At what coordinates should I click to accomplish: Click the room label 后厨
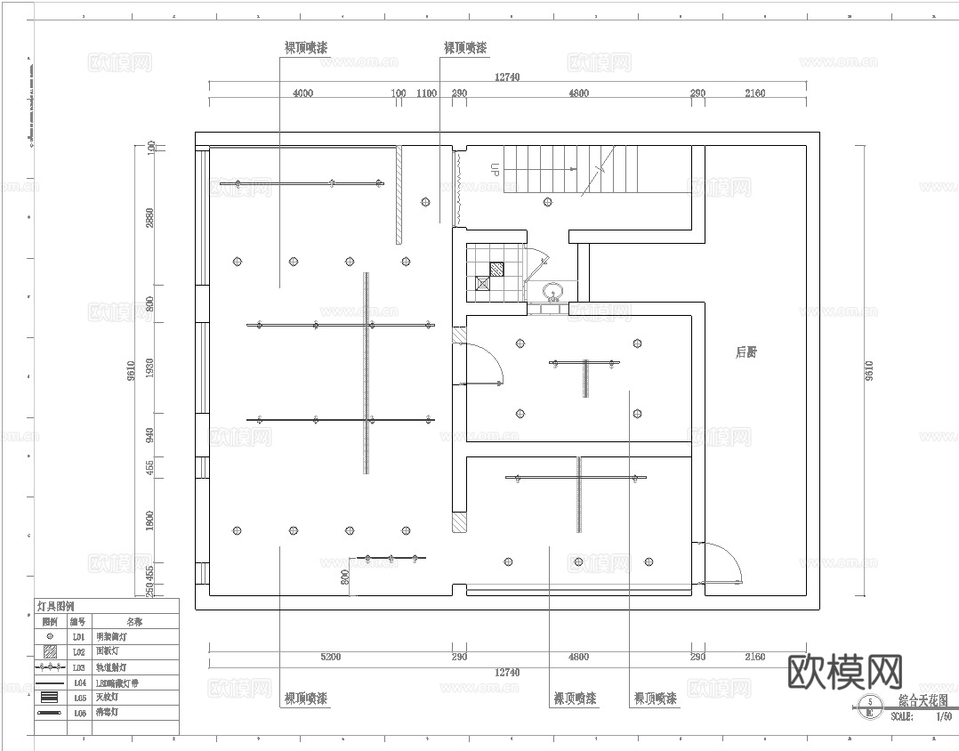746,352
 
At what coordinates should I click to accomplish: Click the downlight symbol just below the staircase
548,202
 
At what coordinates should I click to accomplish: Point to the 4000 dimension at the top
302,93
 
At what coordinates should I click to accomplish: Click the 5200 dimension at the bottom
330,657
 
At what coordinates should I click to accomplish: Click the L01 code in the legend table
78,638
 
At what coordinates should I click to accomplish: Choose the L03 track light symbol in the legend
50,666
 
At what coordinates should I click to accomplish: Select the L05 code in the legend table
78,698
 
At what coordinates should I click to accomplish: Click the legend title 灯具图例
55,606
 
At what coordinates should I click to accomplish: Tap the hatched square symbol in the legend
50,652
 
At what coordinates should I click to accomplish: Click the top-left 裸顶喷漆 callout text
305,48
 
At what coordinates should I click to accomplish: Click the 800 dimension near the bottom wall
345,577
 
